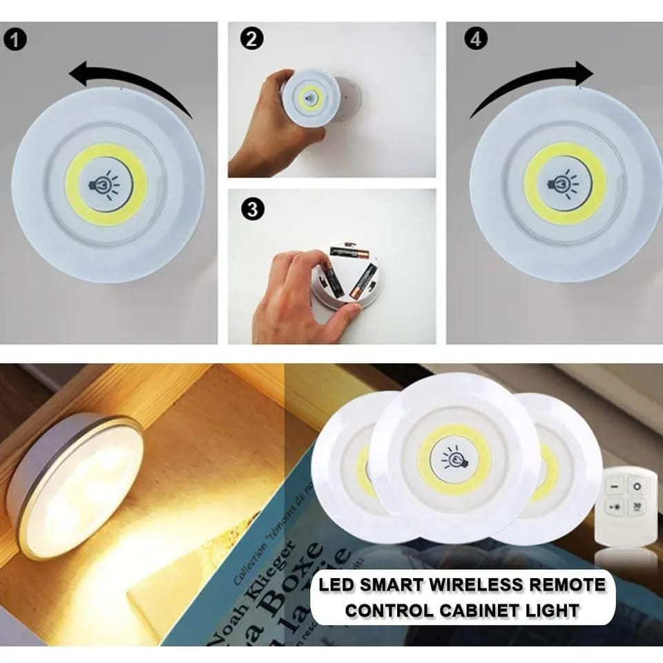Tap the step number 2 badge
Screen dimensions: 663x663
[252, 39]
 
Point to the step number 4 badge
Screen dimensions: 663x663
[475, 39]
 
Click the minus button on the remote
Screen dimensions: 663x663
[612, 487]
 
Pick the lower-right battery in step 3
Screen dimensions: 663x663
[361, 282]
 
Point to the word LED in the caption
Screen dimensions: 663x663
[334, 585]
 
